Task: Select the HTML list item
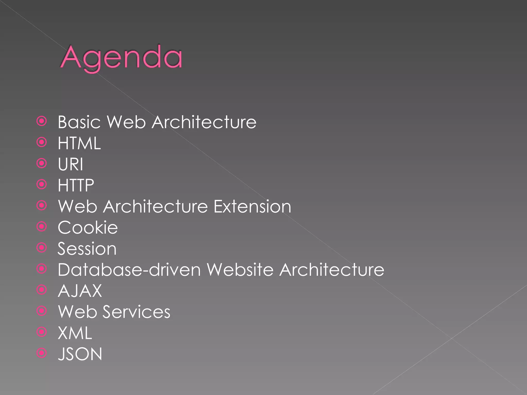79,143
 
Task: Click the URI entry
71,164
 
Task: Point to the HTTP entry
76,185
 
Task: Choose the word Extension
252,207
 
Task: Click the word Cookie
88,228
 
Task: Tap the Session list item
87,249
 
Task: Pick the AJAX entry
80,291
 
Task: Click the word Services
136,312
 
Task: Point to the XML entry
75,333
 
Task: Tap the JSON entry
80,354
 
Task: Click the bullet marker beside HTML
42,142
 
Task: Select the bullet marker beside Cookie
42,227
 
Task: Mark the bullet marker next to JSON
42,353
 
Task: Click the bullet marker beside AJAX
42,290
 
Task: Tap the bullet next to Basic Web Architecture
42,121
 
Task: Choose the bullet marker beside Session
42,248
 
